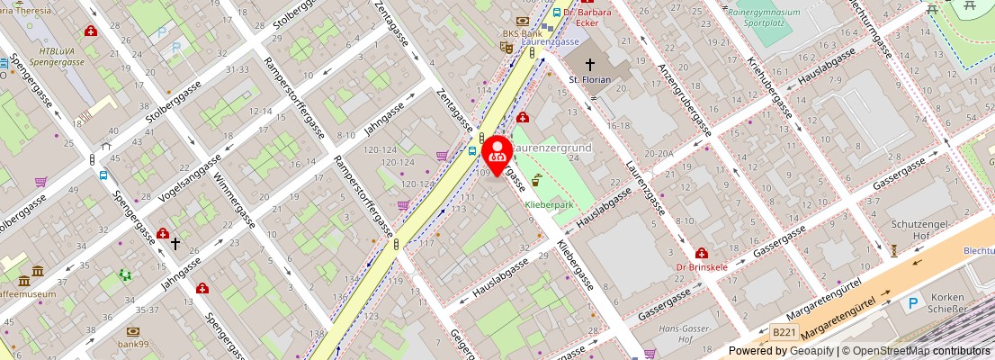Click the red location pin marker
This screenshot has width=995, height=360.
[497, 153]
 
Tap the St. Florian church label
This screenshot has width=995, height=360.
[590, 80]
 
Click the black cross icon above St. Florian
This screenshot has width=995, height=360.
[591, 65]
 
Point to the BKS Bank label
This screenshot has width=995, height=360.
[522, 34]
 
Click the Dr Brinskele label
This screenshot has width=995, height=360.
[701, 267]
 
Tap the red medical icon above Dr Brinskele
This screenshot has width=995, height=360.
[701, 254]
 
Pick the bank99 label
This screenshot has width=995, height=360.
[133, 344]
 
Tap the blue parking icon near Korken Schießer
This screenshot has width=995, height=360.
[914, 304]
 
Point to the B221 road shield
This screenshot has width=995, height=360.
[784, 333]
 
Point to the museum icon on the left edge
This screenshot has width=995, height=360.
[37, 271]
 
